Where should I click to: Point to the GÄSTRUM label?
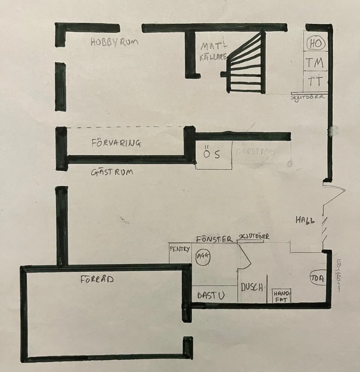click(x=112, y=173)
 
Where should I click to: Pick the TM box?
click(x=314, y=63)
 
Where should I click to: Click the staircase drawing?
click(x=246, y=65)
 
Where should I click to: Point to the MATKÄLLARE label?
click(x=213, y=52)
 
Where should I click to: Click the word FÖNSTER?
click(x=214, y=239)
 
